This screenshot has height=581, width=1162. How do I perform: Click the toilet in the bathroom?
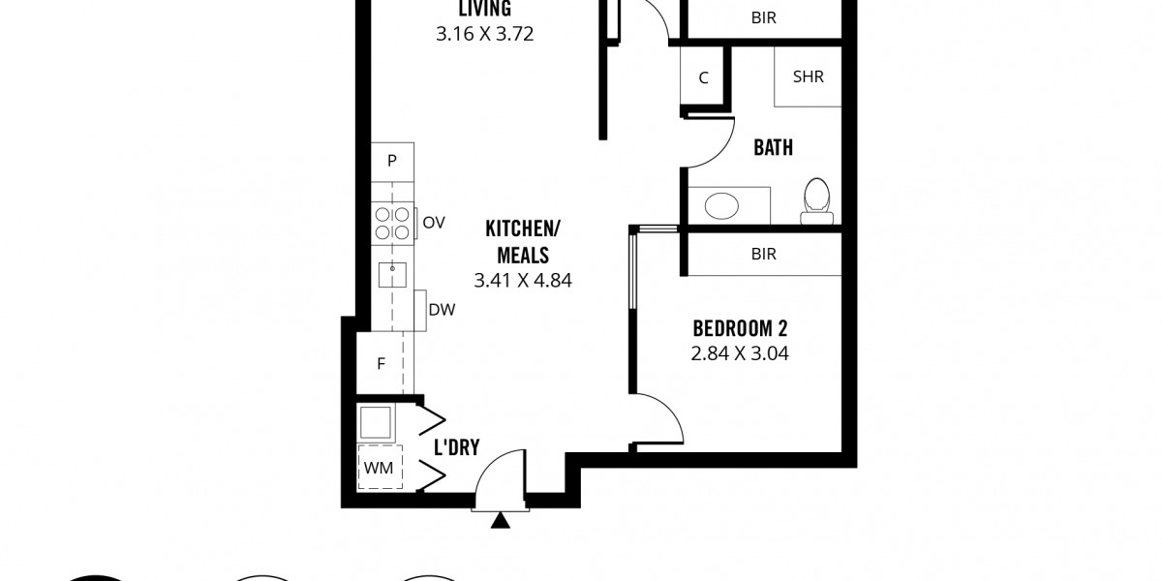pyautogui.click(x=816, y=201)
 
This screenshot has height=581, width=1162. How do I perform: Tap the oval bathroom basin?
pyautogui.click(x=721, y=206)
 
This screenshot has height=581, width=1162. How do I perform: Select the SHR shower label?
pyautogui.click(x=809, y=76)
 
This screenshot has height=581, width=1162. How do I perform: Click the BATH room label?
pyautogui.click(x=773, y=148)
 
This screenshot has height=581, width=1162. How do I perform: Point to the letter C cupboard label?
pyautogui.click(x=703, y=77)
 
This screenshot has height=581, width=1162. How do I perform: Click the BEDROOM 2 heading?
pyautogui.click(x=740, y=328)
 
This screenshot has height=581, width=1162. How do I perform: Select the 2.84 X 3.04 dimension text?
pyautogui.click(x=740, y=353)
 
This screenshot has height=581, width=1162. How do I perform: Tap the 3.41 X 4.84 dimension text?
pyautogui.click(x=523, y=281)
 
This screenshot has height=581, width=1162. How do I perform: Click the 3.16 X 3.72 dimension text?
pyautogui.click(x=484, y=34)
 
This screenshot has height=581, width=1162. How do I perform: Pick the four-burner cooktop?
pyautogui.click(x=393, y=223)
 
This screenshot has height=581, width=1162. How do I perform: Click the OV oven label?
pyautogui.click(x=434, y=223)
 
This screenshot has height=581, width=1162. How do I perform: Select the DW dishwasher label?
pyautogui.click(x=442, y=310)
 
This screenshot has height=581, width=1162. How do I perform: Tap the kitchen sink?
pyautogui.click(x=392, y=275)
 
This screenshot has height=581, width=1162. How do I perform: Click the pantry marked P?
pyautogui.click(x=392, y=162)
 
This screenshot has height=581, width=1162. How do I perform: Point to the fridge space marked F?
pyautogui.click(x=382, y=364)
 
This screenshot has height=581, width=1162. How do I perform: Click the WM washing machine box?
pyautogui.click(x=380, y=468)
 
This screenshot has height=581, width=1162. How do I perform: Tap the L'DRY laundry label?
pyautogui.click(x=456, y=447)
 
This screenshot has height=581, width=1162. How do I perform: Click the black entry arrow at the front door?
pyautogui.click(x=500, y=521)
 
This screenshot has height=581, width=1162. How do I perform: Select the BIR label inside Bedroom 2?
pyautogui.click(x=764, y=254)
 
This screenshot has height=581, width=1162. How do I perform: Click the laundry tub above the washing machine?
pyautogui.click(x=376, y=422)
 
